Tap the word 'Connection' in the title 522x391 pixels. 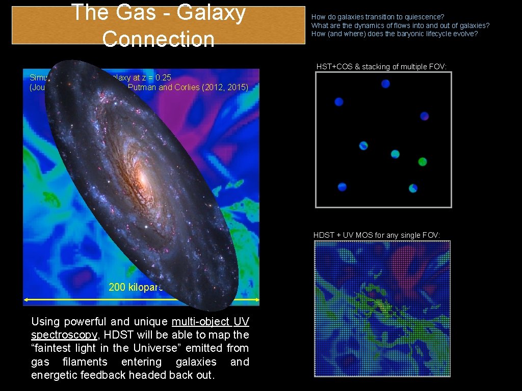coord(158,39)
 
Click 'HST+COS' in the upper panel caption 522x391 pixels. coord(334,67)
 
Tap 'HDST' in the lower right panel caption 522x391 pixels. coord(324,235)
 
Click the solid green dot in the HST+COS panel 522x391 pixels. coord(422,162)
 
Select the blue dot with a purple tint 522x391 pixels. coord(424,116)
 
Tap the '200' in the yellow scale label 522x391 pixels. coord(117,287)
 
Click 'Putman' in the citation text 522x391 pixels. coord(141,87)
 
